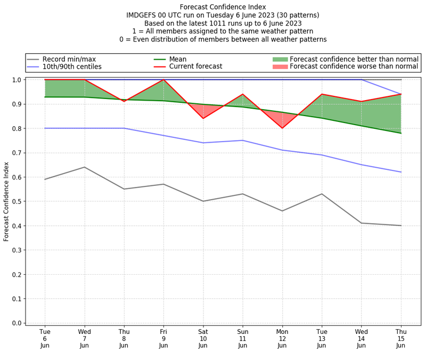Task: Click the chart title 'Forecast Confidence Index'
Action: (x=223, y=7)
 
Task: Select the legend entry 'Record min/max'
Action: (x=69, y=59)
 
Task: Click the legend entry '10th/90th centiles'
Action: (x=72, y=67)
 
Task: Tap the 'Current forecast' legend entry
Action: (x=195, y=67)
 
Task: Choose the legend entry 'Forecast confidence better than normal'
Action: (x=354, y=59)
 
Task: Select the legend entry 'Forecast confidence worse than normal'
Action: (x=354, y=67)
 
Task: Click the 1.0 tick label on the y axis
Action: (x=17, y=80)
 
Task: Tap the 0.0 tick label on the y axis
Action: (x=17, y=323)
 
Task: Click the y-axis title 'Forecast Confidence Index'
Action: (x=7, y=201)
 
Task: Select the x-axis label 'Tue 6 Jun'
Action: (x=45, y=338)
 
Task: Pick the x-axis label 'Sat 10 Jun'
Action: (x=203, y=338)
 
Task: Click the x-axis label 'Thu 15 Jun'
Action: (x=401, y=338)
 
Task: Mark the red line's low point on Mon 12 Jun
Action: (x=282, y=128)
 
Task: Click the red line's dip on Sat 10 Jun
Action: (x=203, y=118)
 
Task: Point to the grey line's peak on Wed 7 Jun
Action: (x=84, y=167)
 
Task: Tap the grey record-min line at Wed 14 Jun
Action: (x=362, y=223)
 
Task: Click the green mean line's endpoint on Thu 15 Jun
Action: (x=401, y=133)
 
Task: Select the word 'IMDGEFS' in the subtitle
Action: (x=145, y=15)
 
